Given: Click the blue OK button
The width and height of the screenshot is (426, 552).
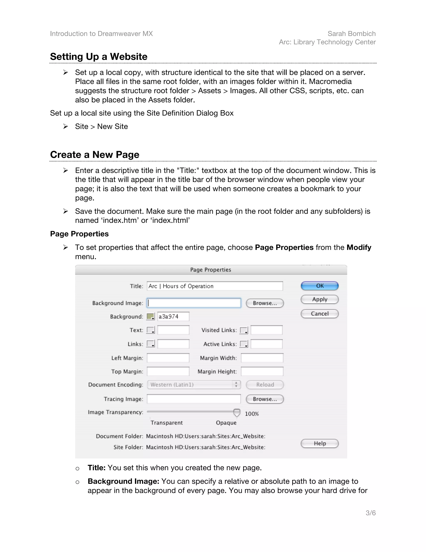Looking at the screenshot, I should [319, 286].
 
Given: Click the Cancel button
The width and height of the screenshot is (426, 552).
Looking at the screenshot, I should [319, 314].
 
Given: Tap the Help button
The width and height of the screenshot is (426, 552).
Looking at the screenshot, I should [319, 443].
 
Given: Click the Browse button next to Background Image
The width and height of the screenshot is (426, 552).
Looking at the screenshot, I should [265, 303].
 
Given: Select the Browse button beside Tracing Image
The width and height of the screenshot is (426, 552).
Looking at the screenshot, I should [265, 399].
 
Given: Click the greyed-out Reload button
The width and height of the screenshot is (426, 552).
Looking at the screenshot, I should [265, 385].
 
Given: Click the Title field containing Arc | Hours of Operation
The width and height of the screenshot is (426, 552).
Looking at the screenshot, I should [214, 286].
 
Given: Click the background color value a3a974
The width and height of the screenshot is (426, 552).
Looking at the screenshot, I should [173, 316].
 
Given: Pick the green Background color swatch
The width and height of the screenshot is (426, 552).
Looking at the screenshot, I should [150, 316].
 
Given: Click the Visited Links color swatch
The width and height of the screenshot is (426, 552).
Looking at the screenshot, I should [244, 330].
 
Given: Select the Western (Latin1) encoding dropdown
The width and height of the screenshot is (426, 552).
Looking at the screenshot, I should [194, 385].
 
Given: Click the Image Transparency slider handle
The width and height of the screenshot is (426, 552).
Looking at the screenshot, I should [237, 413].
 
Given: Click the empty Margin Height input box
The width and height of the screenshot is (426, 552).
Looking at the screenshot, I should [262, 372].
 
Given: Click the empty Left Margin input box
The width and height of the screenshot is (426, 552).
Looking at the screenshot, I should [168, 358].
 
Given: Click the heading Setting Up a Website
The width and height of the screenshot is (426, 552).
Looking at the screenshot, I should [99, 57].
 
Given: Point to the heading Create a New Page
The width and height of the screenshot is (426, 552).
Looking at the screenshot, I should [95, 154].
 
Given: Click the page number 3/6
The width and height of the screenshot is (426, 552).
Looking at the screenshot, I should [370, 513].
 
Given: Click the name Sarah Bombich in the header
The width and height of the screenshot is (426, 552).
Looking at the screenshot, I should [352, 34].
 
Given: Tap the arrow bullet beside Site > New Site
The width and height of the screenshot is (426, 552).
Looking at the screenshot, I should [66, 126].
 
